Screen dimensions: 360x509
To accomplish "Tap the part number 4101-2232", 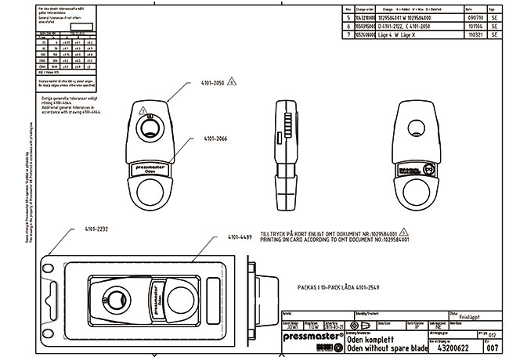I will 86,229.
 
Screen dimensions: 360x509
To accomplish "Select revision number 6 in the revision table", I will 348,26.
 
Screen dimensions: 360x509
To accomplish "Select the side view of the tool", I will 284,153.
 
